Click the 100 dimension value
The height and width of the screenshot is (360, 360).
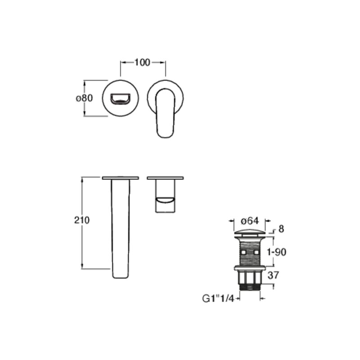pos(142,63)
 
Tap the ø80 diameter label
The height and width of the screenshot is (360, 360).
pos(84,98)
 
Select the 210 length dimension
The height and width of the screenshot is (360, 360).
pos(82,220)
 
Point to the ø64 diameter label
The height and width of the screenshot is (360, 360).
pos(250,221)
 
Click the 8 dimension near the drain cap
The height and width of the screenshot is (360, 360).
pos(281,229)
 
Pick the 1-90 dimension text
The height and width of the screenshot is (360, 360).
pos(276,252)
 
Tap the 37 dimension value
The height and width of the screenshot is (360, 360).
pos(273,275)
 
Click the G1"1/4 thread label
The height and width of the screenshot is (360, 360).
pos(218,299)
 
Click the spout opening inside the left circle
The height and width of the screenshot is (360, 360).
pos(120,99)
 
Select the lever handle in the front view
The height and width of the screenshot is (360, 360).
pos(165,113)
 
